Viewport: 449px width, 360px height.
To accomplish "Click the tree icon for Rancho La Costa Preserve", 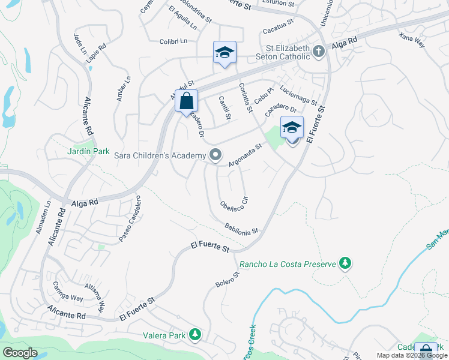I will click(x=345, y=263).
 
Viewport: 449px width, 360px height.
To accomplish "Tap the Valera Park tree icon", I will click(x=194, y=334).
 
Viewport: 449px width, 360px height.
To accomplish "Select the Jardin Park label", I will click(x=84, y=151).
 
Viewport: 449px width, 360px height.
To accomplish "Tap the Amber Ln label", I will click(x=124, y=89).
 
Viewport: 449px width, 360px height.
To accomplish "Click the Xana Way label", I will click(x=411, y=40).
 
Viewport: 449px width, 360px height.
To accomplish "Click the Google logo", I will click(x=20, y=353).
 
